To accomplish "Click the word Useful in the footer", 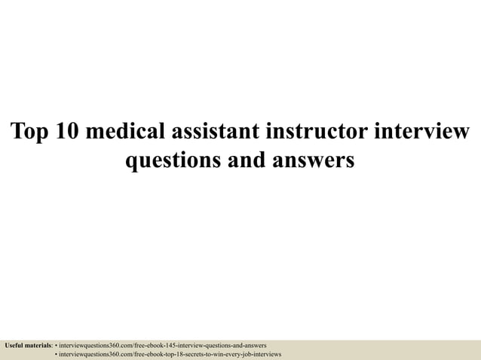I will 15,345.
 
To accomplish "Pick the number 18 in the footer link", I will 168,353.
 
